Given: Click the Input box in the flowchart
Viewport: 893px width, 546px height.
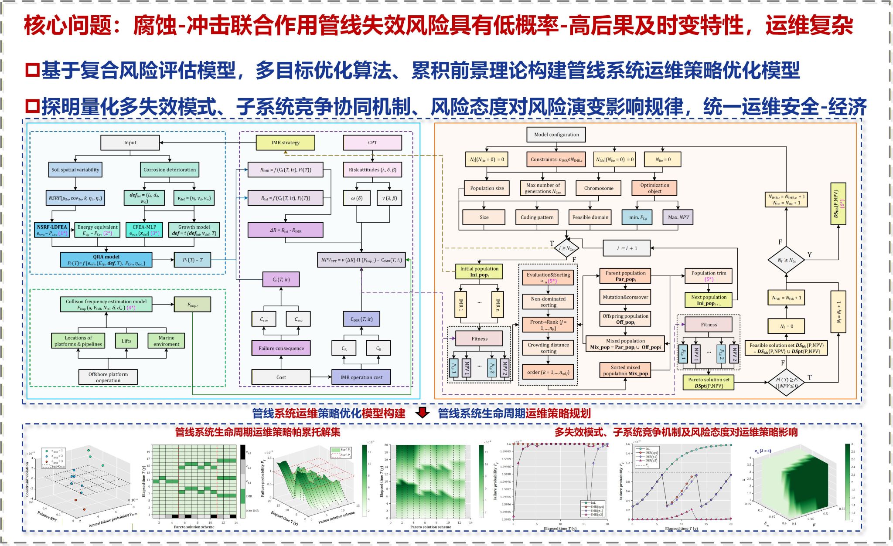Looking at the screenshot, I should (x=130, y=142).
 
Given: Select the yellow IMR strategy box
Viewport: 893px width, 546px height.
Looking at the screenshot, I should (x=285, y=142).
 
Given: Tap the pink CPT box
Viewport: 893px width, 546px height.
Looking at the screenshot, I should (x=372, y=142).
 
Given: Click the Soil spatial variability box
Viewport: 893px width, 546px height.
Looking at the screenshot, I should (x=75, y=170).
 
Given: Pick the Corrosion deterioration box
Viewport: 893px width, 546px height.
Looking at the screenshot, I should (x=170, y=170).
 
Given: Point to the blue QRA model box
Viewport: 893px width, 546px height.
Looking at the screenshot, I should (x=106, y=260).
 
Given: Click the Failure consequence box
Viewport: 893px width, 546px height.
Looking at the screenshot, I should (x=281, y=348).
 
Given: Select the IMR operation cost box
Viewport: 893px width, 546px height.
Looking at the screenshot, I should (x=361, y=377).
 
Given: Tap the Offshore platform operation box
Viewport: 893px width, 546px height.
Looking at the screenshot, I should (x=108, y=377).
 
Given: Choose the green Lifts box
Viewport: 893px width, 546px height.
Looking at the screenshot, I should (x=126, y=341).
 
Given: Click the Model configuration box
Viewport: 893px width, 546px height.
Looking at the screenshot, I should (x=556, y=135).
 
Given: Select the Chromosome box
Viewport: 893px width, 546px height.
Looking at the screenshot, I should (x=599, y=188).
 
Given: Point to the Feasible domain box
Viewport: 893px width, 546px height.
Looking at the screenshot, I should (x=590, y=217).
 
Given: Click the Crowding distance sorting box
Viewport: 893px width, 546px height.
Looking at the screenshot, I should (x=548, y=348).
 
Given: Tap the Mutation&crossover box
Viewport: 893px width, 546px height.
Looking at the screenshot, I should (x=625, y=297).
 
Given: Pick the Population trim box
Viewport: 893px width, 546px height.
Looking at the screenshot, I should (x=709, y=276).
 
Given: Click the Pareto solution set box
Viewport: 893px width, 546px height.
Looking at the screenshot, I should (x=709, y=383).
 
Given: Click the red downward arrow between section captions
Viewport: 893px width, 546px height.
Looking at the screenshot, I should (x=422, y=412).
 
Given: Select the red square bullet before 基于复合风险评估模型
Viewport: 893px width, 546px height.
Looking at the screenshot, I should (x=32, y=70).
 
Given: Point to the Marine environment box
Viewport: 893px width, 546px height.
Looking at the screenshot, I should (x=166, y=341).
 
